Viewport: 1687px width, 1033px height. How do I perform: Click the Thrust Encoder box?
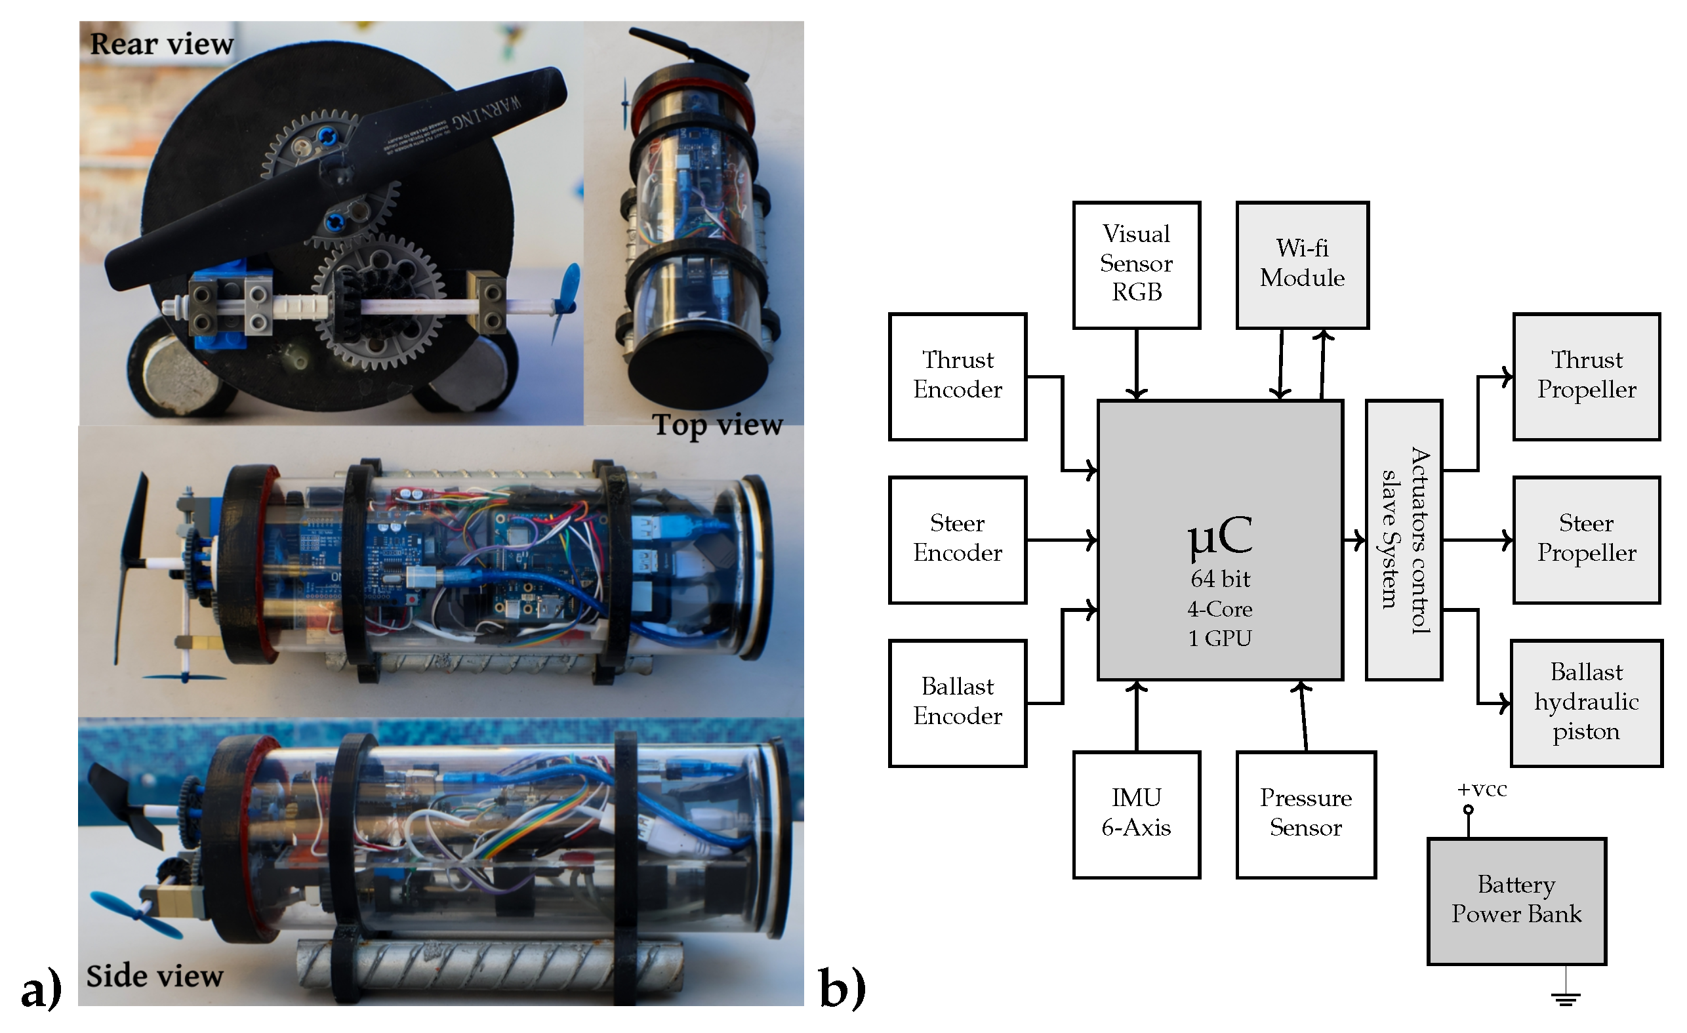tap(957, 376)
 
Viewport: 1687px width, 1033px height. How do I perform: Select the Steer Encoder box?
tap(957, 539)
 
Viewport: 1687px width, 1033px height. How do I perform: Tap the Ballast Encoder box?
tap(957, 702)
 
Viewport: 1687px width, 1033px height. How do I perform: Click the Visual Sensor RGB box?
tap(1136, 264)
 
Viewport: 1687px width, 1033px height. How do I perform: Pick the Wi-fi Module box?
tap(1301, 264)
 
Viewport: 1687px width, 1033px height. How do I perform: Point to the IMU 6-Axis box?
tap(1136, 814)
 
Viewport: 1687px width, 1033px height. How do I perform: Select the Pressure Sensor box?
tap(1306, 814)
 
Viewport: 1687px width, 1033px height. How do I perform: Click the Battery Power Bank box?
tap(1516, 901)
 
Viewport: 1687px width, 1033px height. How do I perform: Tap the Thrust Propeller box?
tap(1586, 376)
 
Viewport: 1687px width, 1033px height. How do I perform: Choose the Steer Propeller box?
tap(1586, 539)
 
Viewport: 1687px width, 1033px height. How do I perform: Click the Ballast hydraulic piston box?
tap(1586, 702)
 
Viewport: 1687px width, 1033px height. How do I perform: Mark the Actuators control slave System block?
tap(1404, 539)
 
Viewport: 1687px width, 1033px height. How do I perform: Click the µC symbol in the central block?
tap(1220, 535)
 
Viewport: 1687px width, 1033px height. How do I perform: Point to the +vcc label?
tap(1482, 789)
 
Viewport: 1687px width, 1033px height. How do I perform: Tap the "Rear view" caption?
tap(161, 45)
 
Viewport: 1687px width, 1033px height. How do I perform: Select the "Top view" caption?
tap(717, 425)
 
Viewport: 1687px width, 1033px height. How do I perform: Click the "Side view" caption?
tap(155, 975)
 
